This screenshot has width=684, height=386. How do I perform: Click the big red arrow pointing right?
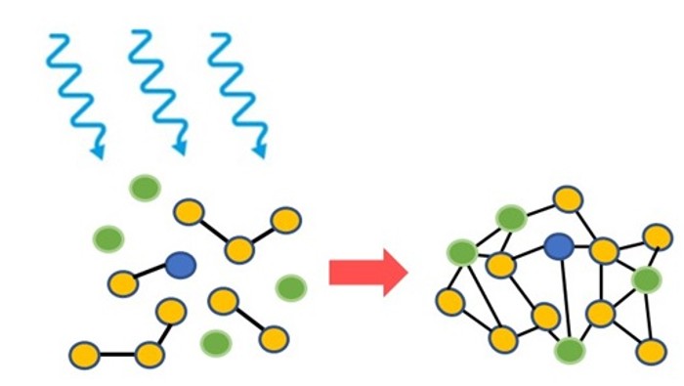tap(367, 272)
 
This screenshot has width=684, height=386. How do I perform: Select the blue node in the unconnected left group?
tap(181, 263)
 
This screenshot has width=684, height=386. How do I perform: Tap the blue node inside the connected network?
tap(558, 246)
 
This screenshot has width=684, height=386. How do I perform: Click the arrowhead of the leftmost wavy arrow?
tap(98, 150)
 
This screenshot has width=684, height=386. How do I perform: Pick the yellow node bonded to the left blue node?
tap(123, 283)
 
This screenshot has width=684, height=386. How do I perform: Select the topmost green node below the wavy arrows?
tap(146, 188)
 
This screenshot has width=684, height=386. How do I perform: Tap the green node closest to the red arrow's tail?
tap(290, 287)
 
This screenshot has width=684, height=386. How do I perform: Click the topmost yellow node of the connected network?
tap(568, 199)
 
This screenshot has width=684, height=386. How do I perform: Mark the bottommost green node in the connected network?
tap(569, 349)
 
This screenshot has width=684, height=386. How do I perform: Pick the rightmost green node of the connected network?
tap(646, 280)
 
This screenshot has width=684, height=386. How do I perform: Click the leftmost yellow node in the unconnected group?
tap(84, 353)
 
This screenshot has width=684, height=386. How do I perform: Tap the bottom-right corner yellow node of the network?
tap(650, 351)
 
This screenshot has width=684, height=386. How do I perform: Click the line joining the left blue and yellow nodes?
tap(151, 274)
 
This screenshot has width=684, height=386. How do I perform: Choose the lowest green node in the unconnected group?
tap(215, 342)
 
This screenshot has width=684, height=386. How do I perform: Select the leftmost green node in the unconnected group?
tap(107, 237)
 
